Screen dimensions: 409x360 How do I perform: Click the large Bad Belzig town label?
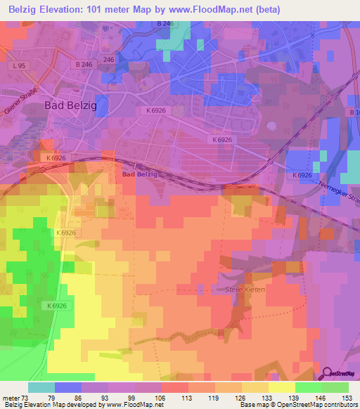click(x=70, y=105)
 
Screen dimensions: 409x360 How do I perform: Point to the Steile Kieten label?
click(x=244, y=290)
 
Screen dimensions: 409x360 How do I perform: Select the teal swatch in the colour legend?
click(x=41, y=387)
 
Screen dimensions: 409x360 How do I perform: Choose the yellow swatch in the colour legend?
click(x=281, y=387)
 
